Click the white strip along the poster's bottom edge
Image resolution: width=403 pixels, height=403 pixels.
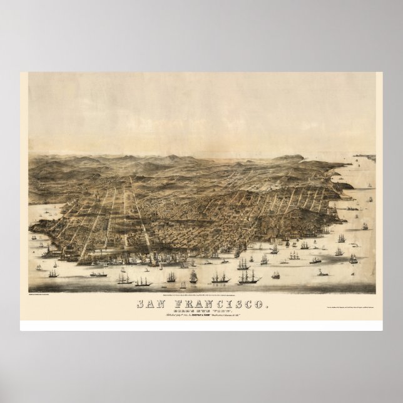point(201,326)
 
